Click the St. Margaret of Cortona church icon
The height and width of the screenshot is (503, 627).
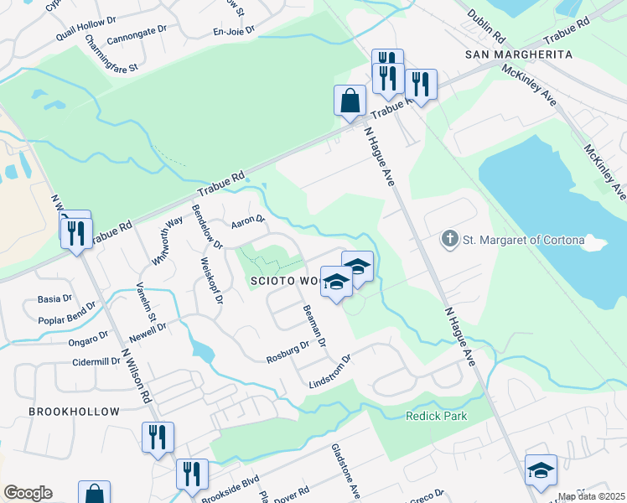pos(450,240)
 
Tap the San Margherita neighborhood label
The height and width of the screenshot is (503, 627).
pos(518,54)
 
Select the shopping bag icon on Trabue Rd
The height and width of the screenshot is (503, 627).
pos(350,101)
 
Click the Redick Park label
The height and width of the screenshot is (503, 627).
pos(436,416)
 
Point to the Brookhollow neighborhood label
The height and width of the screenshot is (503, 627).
pos(74,412)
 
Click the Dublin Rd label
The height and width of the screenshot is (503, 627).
pos(486,27)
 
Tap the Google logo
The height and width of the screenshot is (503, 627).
pos(28,493)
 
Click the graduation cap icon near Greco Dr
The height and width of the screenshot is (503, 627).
pos(541,470)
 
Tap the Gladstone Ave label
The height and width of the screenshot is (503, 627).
pos(345,469)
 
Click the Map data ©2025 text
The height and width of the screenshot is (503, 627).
pos(592,496)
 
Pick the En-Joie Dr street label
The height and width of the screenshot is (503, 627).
pos(232,33)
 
